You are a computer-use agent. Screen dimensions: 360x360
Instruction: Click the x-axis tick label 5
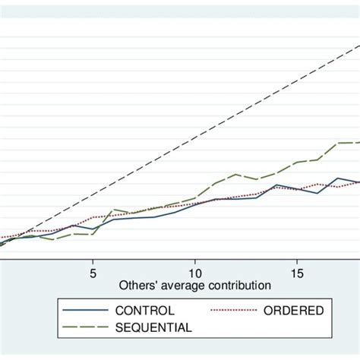click(93, 273)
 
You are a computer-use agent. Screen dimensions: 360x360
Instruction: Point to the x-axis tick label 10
click(195, 273)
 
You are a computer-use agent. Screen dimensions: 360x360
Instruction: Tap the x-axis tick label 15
click(297, 273)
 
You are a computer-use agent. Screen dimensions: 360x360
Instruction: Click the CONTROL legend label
click(145, 311)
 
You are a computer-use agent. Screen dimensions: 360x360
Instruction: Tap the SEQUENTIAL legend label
click(155, 327)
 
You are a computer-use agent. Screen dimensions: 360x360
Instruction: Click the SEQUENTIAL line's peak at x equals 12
click(236, 174)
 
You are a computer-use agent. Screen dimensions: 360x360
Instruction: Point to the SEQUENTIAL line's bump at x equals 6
click(113, 209)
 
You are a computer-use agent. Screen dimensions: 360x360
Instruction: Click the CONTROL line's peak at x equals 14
click(276, 185)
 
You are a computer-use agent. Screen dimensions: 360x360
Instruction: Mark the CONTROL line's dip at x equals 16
click(317, 193)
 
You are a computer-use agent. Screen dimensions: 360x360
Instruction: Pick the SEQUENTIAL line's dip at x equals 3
click(52, 240)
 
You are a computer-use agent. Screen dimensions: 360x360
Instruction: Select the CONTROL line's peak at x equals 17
click(338, 178)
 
